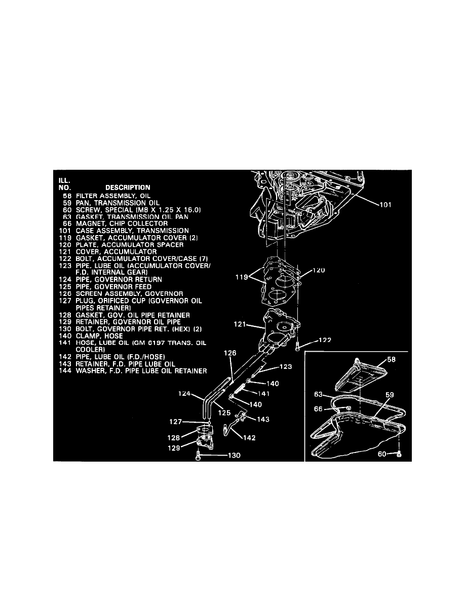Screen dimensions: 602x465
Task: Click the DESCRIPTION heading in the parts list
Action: coord(127,187)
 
